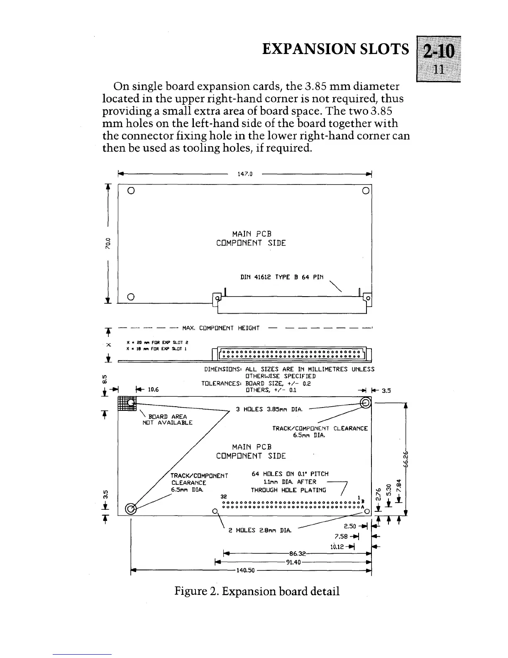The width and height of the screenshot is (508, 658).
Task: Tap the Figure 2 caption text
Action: click(256, 591)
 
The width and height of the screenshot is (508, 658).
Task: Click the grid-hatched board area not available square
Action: click(127, 404)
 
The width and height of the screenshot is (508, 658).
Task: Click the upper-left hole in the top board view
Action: click(130, 191)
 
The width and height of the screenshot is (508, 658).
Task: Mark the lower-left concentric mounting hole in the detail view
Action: click(130, 508)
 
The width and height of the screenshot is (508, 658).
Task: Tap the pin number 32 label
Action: click(224, 496)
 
